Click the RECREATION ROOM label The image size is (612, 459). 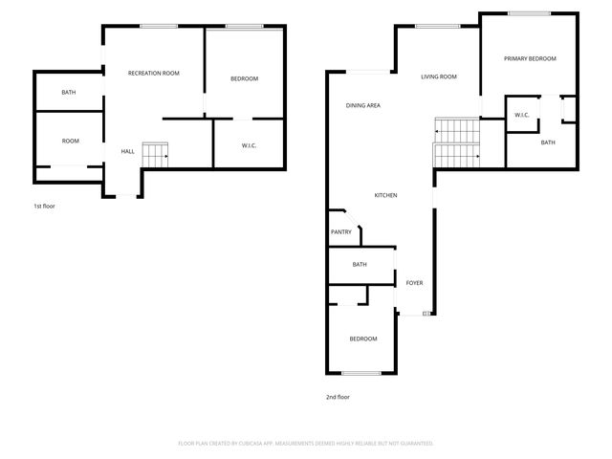click(155, 73)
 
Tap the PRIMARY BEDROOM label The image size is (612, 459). click(530, 58)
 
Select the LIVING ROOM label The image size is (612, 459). click(439, 76)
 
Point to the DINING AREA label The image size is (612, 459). click(363, 105)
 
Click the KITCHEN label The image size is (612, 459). click(385, 195)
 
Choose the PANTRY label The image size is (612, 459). click(340, 231)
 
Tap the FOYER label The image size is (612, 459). click(414, 283)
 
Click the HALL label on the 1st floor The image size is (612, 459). click(127, 151)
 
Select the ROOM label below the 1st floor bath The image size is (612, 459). click(71, 141)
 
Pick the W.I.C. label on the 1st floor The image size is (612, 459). click(248, 145)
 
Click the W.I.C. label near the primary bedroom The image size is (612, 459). click(521, 116)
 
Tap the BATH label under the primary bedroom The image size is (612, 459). click(547, 142)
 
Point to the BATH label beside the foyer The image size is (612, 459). click(360, 264)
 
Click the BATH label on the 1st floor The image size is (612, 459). click(69, 93)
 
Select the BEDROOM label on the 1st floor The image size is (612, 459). click(244, 78)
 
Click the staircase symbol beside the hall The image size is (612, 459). click(155, 153)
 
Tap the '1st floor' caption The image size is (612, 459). click(44, 206)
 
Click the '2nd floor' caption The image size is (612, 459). click(339, 397)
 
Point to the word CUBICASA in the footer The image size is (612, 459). click(247, 443)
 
